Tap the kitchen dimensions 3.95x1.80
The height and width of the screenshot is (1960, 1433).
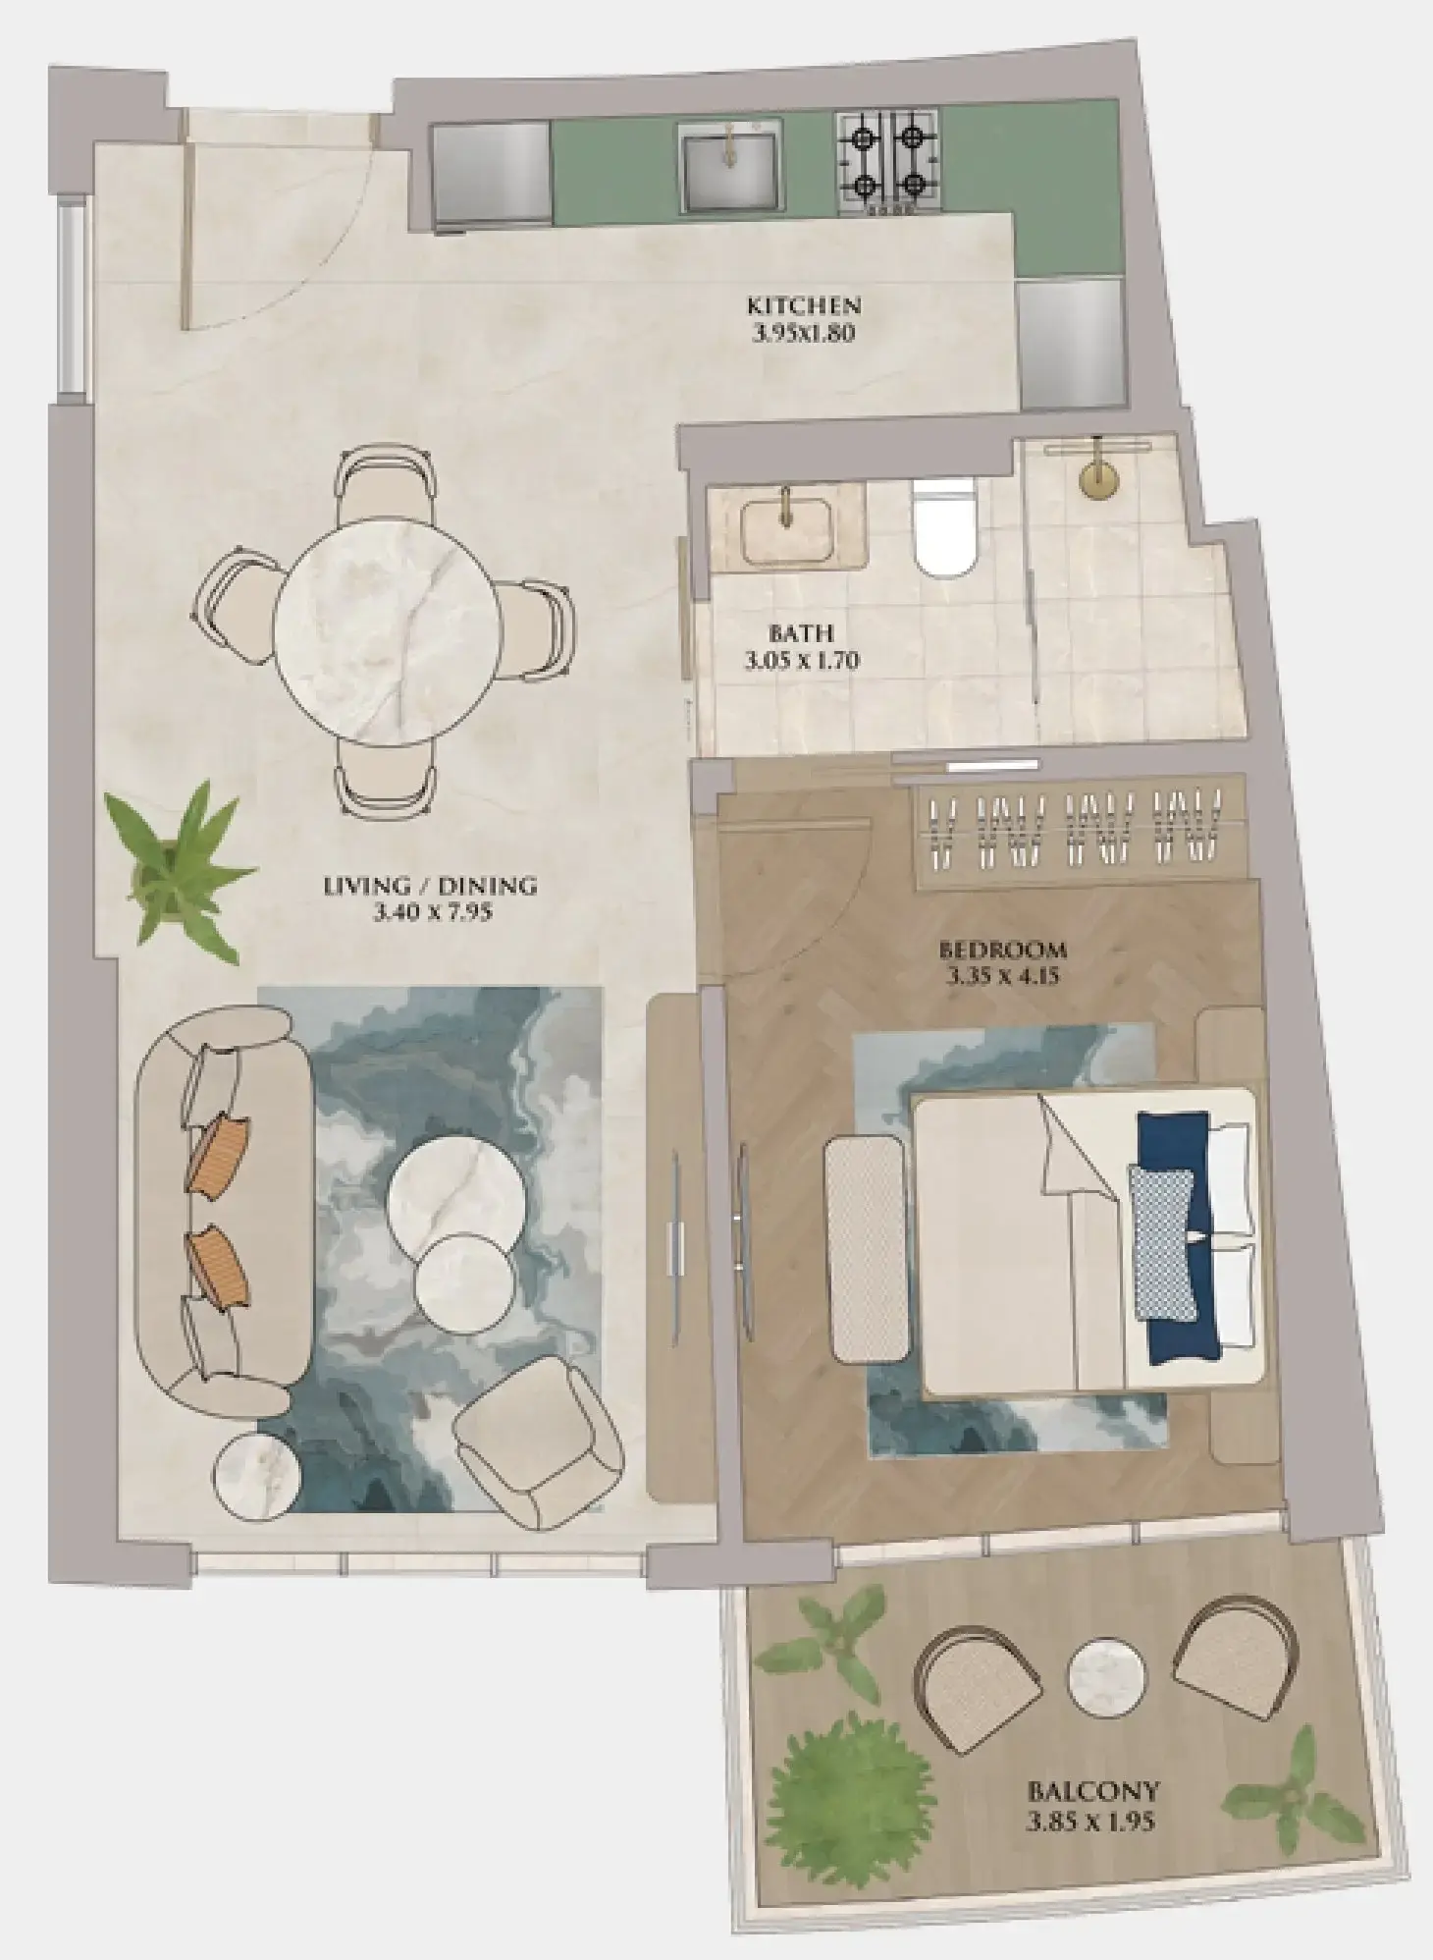click(803, 333)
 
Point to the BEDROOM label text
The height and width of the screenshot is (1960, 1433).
click(1001, 950)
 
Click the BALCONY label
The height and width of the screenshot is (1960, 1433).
click(1092, 1789)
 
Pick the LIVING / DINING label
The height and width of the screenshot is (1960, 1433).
click(430, 886)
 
